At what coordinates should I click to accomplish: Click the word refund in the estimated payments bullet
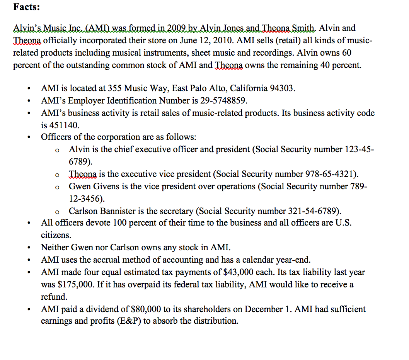[x=54, y=297]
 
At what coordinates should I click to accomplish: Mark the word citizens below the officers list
[x=56, y=235]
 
